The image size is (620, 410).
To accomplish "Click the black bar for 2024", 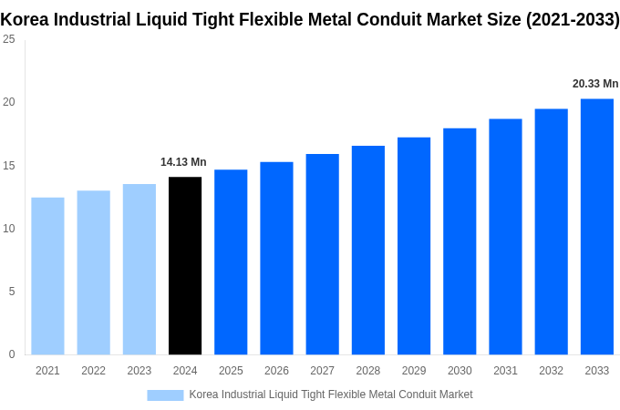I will click(x=185, y=265).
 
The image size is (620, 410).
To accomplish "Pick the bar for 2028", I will click(x=367, y=250).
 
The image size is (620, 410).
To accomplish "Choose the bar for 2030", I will click(x=460, y=241).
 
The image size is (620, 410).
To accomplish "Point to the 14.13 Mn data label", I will click(x=183, y=162).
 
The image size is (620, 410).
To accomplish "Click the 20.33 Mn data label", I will click(x=595, y=84).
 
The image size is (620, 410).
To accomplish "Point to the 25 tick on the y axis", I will click(x=8, y=39).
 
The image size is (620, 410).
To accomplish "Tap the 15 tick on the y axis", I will click(x=8, y=166).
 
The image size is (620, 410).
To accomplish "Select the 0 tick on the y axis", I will click(x=12, y=354).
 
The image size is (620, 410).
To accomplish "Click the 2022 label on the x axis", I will click(x=93, y=371).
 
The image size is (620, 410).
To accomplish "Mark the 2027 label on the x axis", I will click(x=322, y=371).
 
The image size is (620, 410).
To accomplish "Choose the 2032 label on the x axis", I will click(x=551, y=371).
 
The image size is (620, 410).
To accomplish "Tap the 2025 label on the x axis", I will click(x=231, y=371).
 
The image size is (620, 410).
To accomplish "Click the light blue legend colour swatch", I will click(x=165, y=395).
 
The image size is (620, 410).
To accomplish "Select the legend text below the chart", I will click(x=330, y=395).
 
